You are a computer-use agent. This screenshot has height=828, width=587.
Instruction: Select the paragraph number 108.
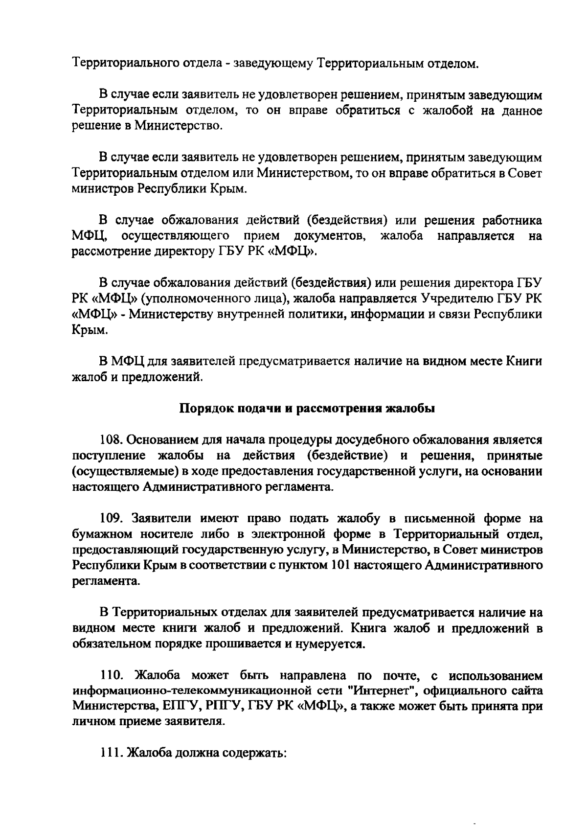[110, 440]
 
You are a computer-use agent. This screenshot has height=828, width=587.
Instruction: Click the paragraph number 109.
[110, 518]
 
